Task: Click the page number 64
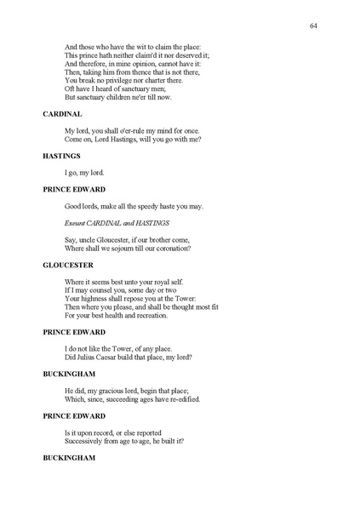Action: (314, 26)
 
